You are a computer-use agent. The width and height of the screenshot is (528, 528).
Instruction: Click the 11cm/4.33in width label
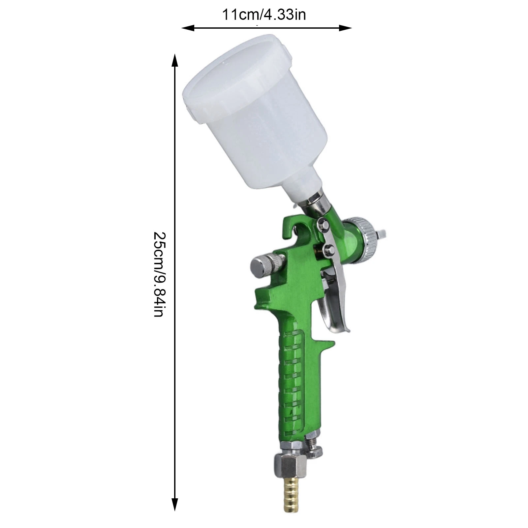[x=264, y=15]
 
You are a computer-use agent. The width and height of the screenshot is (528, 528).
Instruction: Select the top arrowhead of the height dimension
[x=175, y=61]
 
